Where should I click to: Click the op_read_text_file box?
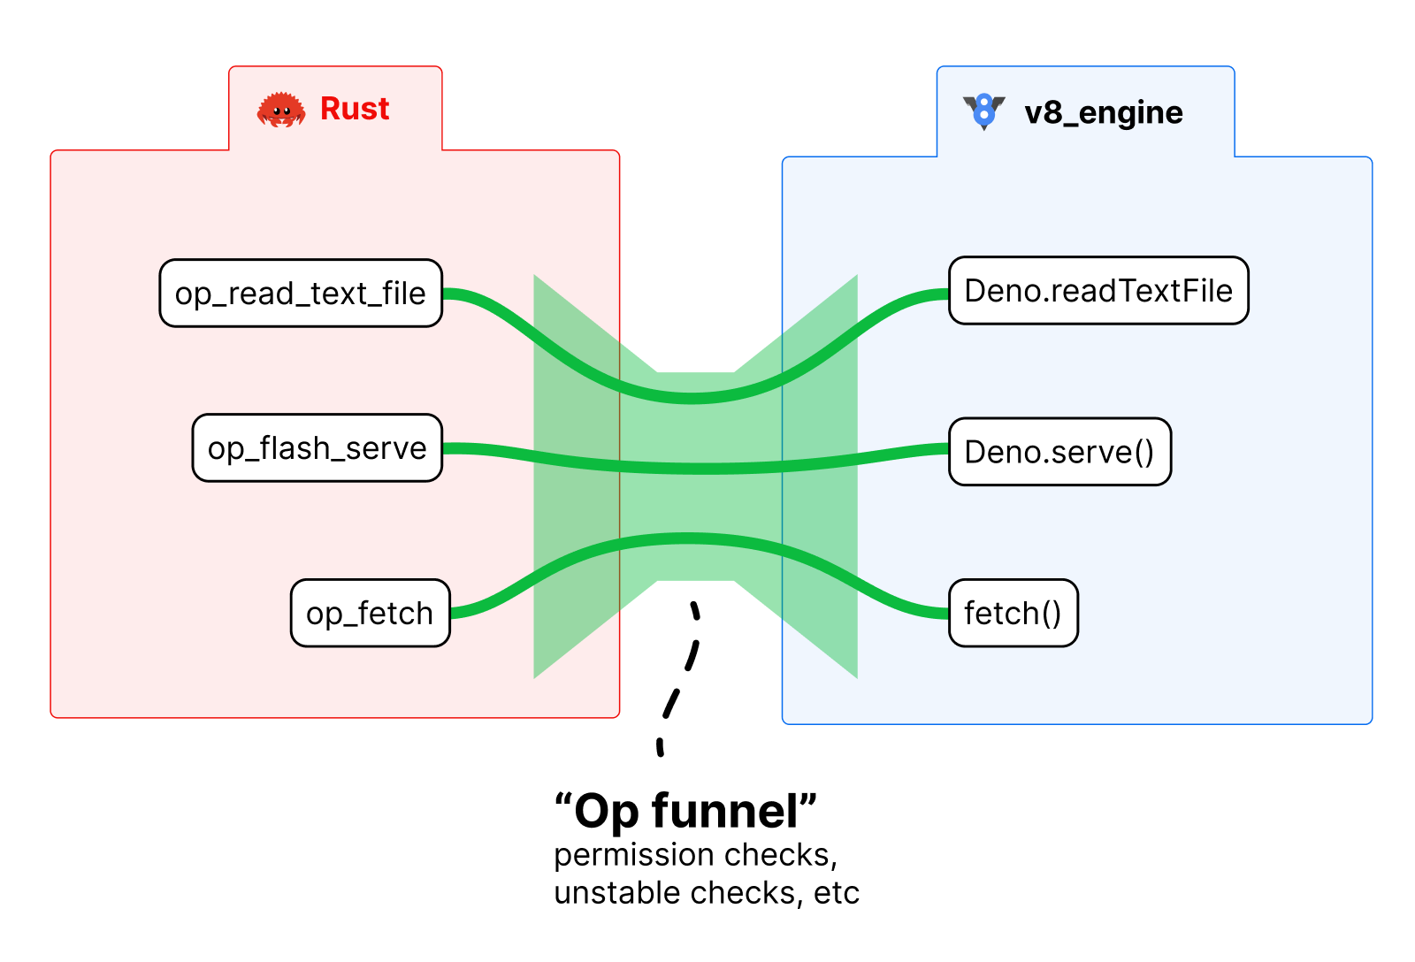tap(301, 294)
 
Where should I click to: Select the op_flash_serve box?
tap(317, 448)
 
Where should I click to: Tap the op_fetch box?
tap(370, 613)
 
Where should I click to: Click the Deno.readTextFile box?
tap(1098, 291)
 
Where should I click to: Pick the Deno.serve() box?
tap(1059, 452)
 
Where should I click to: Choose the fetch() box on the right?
tap(1013, 613)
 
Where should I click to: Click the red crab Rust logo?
tap(281, 111)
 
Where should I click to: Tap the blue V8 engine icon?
tap(983, 111)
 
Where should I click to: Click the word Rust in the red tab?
tap(355, 109)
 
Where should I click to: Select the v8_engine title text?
tap(1104, 113)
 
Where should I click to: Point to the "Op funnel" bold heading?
tap(685, 811)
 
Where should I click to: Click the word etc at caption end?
tap(837, 893)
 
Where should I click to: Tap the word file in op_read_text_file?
tap(404, 294)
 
